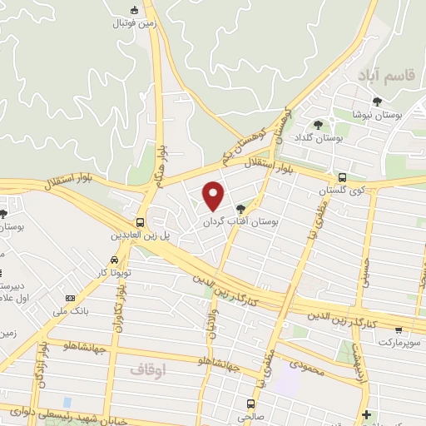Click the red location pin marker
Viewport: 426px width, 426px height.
coord(214,196)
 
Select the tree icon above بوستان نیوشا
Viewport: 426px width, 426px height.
coord(377,102)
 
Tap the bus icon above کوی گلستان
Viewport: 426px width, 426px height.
coord(342,177)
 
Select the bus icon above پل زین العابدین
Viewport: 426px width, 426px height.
coord(141,222)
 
